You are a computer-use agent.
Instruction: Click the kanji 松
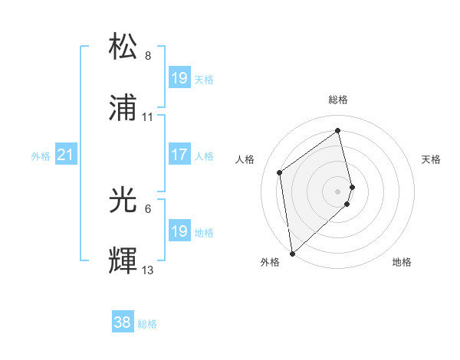pos(123,47)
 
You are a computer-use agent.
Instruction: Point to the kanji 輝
pos(123,261)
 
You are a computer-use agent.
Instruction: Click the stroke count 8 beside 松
pos(148,56)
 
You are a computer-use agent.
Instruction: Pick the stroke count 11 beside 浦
pos(148,117)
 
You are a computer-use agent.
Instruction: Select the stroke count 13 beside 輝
pos(148,270)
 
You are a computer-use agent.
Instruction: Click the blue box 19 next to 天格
pos(179,78)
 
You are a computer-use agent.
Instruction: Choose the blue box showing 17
pos(179,155)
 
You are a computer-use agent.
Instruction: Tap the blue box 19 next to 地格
pos(179,231)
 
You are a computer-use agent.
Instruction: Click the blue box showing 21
pos(66,155)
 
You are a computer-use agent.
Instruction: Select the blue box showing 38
pos(123,323)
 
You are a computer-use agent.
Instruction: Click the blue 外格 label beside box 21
pos(41,156)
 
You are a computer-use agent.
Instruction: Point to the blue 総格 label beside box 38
pos(147,324)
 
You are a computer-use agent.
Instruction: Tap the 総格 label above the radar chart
pos(338,100)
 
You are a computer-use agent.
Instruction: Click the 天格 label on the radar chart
pos(432,159)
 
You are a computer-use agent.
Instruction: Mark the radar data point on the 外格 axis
pos(291,253)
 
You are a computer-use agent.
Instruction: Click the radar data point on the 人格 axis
pos(280,172)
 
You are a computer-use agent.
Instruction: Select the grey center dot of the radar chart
pos(338,190)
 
